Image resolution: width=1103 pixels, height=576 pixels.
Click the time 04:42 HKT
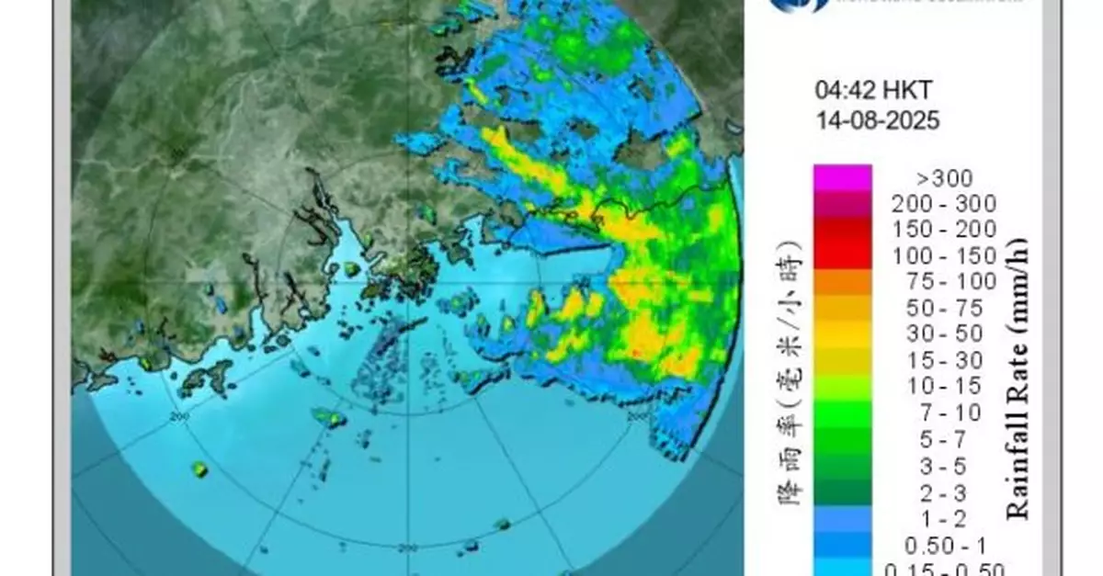coord(860,90)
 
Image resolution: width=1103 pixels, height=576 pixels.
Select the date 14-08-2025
coord(877,120)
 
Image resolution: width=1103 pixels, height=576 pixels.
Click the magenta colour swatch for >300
coord(842,177)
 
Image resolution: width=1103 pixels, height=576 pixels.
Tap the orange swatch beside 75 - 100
coord(842,281)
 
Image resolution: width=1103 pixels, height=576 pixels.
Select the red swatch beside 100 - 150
coord(842,255)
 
